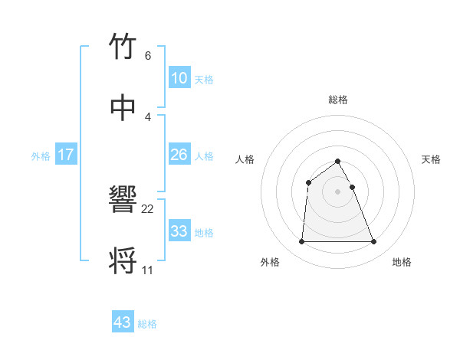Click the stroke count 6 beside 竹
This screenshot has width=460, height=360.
147,56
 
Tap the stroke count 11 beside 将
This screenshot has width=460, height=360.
147,270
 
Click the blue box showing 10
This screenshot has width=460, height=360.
179,78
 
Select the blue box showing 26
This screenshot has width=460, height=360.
179,155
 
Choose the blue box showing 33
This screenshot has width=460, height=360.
179,231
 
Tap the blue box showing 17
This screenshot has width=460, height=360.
65,155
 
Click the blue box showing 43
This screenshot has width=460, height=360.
122,322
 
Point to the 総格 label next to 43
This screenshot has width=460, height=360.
147,324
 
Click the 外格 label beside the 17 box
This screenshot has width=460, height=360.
41,156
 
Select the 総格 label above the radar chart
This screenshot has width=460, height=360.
337,100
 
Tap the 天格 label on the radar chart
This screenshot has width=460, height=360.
432,159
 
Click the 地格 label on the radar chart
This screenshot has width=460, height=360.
402,262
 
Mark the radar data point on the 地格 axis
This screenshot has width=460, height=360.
373,242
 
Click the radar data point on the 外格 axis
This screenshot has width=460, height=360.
301,242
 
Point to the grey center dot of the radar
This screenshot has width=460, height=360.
337,191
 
